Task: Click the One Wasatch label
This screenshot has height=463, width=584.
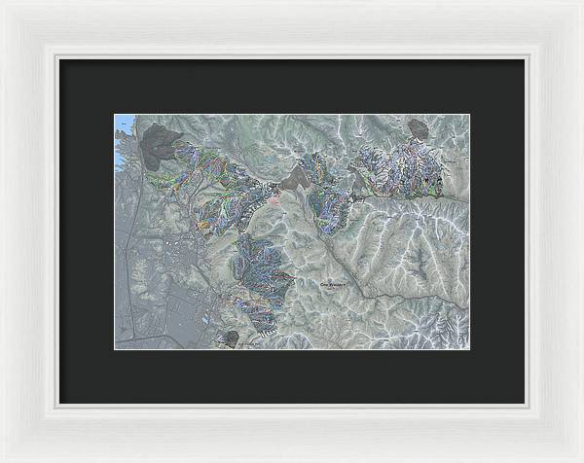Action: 333,284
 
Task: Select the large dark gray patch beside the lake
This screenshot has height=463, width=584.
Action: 160,146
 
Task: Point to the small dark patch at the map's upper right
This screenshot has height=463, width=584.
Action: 419,127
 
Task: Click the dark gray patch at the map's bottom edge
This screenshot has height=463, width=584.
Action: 231,338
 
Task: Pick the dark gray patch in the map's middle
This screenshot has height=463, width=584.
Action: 296,176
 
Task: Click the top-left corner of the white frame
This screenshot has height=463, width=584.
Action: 3,3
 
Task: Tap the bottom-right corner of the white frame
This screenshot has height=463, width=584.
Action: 580,459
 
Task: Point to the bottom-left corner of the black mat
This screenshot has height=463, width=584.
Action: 59,403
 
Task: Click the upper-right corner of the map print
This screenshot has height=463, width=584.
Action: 469,115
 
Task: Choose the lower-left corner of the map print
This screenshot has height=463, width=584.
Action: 115,348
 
